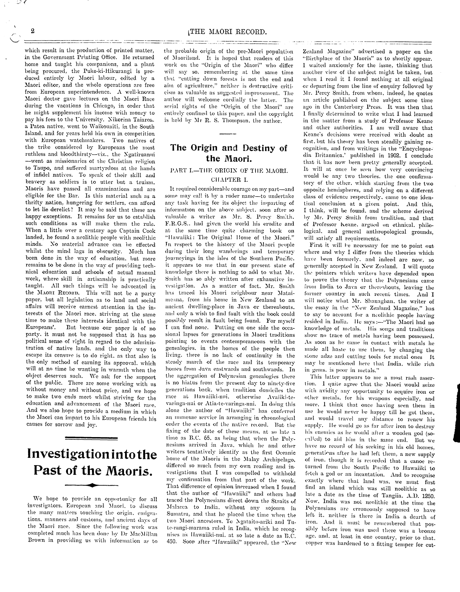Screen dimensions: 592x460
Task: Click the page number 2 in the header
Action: [33, 31]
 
